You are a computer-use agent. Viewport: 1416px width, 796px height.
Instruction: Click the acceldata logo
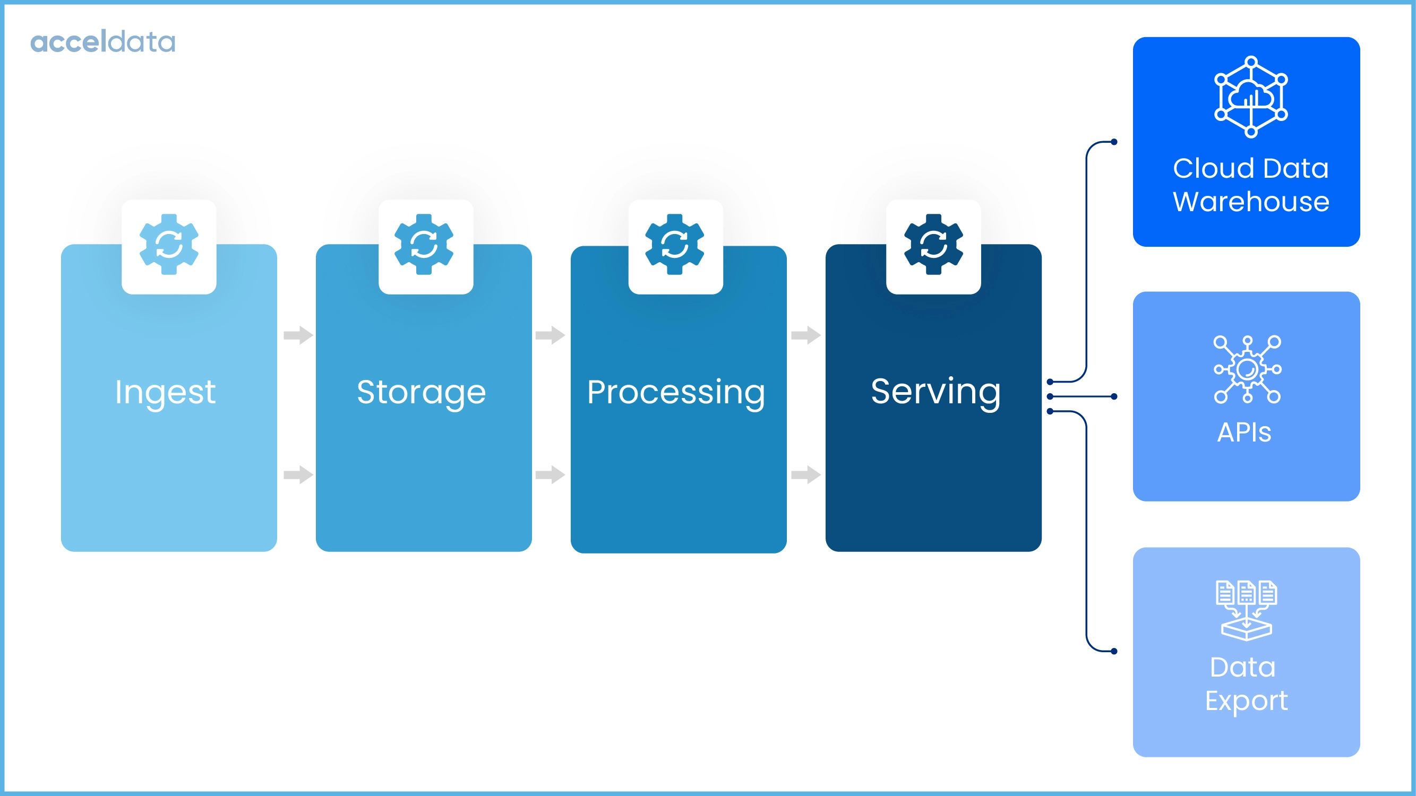click(x=103, y=42)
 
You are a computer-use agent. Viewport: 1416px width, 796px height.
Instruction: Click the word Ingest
click(x=165, y=392)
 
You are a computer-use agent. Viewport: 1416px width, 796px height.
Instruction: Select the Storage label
click(x=421, y=392)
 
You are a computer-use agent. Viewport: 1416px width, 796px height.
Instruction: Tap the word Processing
click(x=675, y=392)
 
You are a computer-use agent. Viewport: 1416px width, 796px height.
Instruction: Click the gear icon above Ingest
click(x=169, y=245)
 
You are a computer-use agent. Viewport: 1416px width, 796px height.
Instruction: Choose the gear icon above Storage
click(x=424, y=245)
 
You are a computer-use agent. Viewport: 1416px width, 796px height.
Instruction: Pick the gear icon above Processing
click(x=674, y=245)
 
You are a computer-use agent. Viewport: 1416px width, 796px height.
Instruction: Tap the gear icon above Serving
click(x=933, y=245)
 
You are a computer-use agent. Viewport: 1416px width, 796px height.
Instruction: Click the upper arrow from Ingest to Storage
click(x=298, y=334)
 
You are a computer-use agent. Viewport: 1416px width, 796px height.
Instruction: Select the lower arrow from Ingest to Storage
click(x=298, y=474)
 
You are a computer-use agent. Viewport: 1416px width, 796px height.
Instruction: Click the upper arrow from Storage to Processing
click(x=550, y=334)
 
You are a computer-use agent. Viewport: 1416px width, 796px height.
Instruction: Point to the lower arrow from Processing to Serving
click(x=805, y=474)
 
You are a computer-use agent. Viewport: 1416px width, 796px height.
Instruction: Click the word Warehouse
click(x=1251, y=202)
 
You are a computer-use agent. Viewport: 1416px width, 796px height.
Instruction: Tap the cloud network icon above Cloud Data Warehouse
click(x=1251, y=97)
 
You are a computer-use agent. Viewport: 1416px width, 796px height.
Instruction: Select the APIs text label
click(x=1244, y=432)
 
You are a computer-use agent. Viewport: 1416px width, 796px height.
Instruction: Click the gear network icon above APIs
click(x=1247, y=369)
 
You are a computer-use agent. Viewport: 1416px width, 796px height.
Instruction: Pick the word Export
click(x=1246, y=701)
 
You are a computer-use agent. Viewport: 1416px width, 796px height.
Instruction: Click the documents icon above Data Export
click(x=1246, y=610)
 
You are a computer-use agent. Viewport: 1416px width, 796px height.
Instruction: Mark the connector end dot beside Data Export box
click(x=1114, y=652)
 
